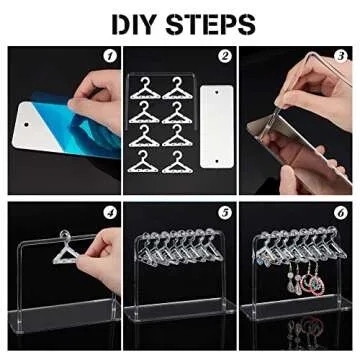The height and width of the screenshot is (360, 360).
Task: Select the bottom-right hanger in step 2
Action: tap(180, 160)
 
